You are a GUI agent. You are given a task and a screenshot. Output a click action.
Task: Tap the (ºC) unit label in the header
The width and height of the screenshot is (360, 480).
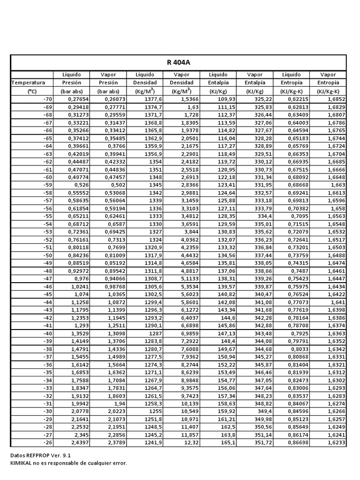click(x=31, y=91)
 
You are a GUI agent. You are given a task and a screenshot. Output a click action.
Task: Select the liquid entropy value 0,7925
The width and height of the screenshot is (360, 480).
click(x=300, y=333)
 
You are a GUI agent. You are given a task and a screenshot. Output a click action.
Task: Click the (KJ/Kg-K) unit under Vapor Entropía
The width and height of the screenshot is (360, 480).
click(x=328, y=91)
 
